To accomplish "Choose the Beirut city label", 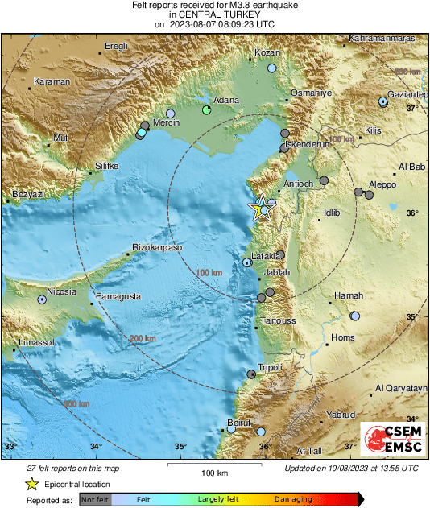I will click(241, 422).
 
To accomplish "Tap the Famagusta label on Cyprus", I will click(118, 296).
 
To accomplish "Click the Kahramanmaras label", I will click(382, 39).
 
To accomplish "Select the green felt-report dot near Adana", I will click(207, 109).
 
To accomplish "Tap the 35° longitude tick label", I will click(180, 446).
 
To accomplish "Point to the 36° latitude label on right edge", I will click(412, 213).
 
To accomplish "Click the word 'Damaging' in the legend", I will click(292, 500).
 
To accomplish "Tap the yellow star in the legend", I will click(32, 484).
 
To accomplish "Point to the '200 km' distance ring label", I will click(142, 339).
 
